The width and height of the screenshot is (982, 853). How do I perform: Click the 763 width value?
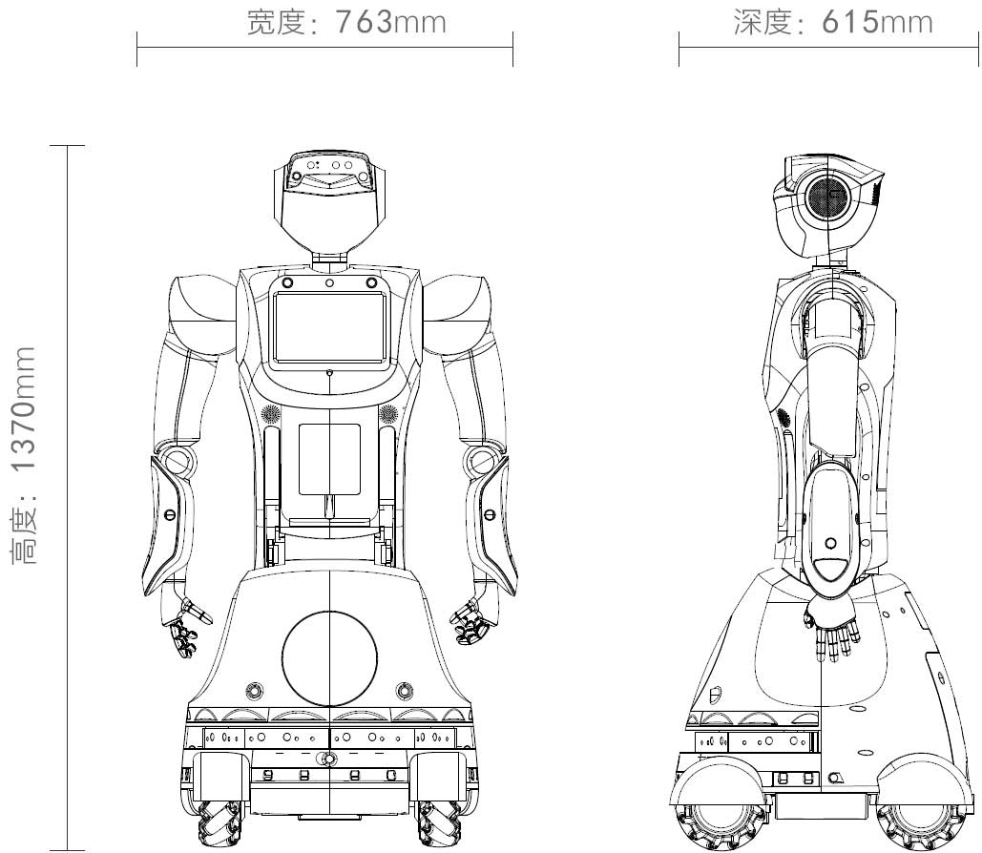(363, 22)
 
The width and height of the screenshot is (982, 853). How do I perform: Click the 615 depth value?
(849, 22)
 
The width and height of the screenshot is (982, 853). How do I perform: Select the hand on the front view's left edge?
(185, 630)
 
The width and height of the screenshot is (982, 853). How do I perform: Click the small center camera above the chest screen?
(328, 282)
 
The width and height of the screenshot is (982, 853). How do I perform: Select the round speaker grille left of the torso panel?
(269, 414)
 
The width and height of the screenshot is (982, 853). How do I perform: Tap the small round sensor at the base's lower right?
(405, 689)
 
